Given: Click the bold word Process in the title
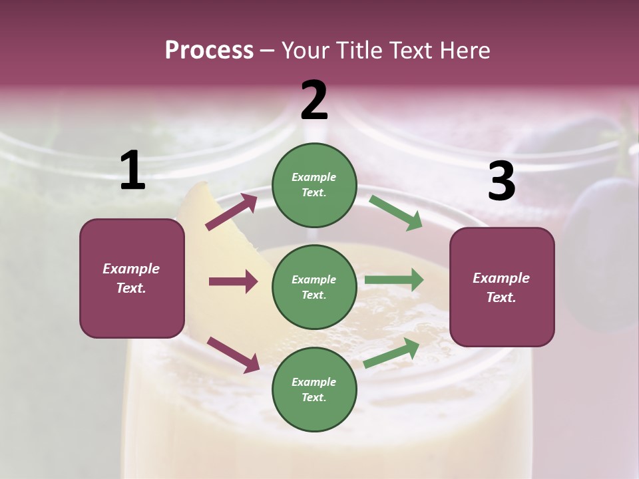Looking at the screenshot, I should (x=209, y=51).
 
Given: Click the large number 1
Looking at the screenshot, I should (x=132, y=171).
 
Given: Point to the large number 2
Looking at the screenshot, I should (x=314, y=100).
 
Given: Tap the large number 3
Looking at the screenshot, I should (x=501, y=182).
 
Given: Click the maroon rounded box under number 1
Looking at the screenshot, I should (x=132, y=278).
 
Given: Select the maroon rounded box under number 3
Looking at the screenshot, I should (x=502, y=287).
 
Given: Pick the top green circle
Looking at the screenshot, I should (x=314, y=185).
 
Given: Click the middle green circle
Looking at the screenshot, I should (x=314, y=287).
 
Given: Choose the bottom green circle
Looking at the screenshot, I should (x=314, y=389).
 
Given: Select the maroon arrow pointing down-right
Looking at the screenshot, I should (x=233, y=354).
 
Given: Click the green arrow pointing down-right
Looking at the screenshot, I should (x=396, y=212).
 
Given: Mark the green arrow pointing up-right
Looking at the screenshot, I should (x=392, y=353).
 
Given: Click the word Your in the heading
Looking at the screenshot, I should (x=304, y=51).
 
